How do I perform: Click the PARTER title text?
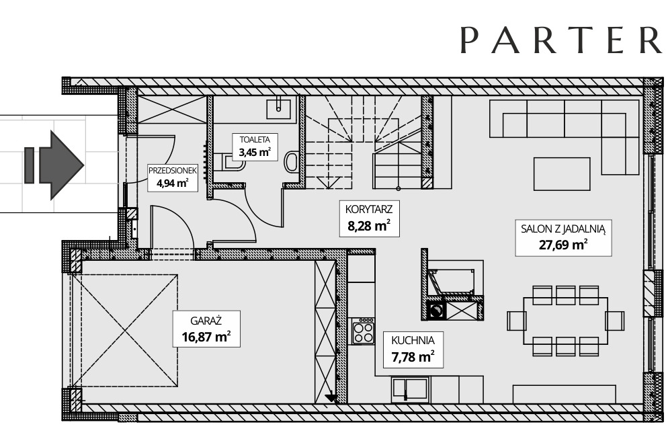point(562,40)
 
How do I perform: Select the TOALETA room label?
point(255,139)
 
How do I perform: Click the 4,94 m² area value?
point(172,184)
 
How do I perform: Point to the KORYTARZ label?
point(369,209)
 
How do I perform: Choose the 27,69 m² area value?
point(563,245)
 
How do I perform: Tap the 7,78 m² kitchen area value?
point(413,356)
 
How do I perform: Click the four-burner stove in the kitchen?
point(364,331)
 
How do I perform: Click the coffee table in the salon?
point(562,174)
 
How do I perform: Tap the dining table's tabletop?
point(566,321)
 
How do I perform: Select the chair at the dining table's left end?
point(516,321)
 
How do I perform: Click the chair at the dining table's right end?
point(615,321)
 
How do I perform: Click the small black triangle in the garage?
point(331,398)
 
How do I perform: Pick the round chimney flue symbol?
point(435,311)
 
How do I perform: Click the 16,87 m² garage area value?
point(206,337)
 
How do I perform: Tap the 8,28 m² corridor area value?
point(369,226)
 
